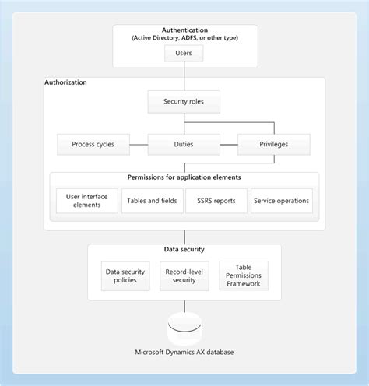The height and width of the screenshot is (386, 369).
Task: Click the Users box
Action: pyautogui.click(x=184, y=54)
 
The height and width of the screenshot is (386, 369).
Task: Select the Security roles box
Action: pyautogui.click(x=184, y=101)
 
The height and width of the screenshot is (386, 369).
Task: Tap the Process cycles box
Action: pyautogui.click(x=93, y=144)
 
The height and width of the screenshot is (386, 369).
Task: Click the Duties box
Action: pyautogui.click(x=184, y=144)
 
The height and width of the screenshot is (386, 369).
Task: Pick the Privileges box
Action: pyautogui.click(x=273, y=144)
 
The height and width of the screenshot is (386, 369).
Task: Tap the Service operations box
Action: pyautogui.click(x=281, y=200)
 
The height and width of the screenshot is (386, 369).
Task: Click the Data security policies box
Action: pyautogui.click(x=125, y=275)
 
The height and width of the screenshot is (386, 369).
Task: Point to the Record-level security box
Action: pyautogui.click(x=184, y=275)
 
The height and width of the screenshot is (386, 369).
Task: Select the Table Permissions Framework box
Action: pyautogui.click(x=242, y=275)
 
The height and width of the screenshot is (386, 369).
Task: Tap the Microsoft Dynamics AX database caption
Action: pyautogui.click(x=184, y=353)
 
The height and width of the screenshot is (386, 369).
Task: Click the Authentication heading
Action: pyautogui.click(x=184, y=29)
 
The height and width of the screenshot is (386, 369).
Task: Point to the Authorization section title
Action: pyautogui.click(x=66, y=82)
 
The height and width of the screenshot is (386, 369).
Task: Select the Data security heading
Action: pyautogui.click(x=184, y=249)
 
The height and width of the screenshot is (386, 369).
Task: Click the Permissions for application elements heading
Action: pyautogui.click(x=184, y=177)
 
